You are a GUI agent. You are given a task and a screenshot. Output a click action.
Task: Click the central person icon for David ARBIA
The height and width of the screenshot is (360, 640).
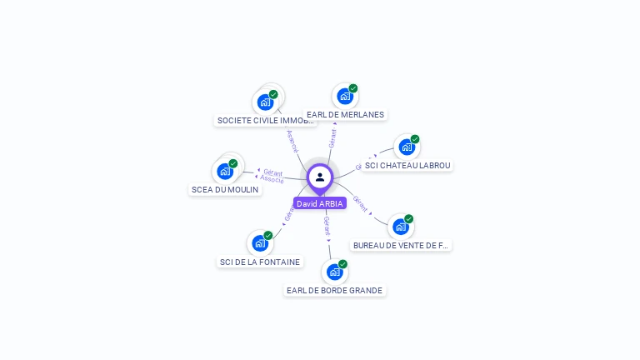click(320, 177)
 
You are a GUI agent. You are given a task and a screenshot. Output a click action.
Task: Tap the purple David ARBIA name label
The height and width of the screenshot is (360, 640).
click(319, 204)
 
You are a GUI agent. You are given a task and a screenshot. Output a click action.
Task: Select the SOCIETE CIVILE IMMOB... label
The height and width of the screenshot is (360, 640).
click(266, 120)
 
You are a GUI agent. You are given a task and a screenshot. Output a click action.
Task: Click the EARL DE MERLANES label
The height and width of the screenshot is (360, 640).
click(346, 114)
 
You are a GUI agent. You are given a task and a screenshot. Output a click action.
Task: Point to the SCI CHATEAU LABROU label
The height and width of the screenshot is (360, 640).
click(407, 165)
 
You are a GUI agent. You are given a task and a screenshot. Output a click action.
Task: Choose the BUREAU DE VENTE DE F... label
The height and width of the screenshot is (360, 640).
click(401, 245)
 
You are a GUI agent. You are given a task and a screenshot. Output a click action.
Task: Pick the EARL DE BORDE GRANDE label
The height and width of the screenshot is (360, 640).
click(334, 290)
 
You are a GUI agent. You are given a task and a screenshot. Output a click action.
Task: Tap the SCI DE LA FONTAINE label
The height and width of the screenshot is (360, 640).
click(260, 262)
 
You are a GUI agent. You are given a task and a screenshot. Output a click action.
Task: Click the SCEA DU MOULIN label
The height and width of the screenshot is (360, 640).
click(225, 189)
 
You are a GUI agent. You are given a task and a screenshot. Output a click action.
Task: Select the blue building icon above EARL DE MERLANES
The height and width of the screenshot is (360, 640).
click(344, 97)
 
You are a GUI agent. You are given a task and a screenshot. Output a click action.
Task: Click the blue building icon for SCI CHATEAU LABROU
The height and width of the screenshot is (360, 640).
click(406, 147)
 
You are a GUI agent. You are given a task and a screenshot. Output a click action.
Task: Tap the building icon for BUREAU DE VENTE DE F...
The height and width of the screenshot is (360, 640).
click(400, 227)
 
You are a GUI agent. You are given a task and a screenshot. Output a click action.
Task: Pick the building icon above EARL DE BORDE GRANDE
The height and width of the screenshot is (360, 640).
click(334, 272)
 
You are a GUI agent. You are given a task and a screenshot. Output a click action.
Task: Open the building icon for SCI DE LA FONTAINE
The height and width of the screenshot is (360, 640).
click(259, 243)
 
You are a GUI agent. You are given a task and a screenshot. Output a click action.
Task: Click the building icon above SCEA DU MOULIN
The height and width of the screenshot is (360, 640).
click(224, 172)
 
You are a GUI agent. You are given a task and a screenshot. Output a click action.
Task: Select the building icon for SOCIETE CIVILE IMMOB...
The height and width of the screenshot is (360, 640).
click(264, 102)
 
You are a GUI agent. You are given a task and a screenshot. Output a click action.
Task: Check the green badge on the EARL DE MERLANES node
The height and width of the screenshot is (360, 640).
click(353, 88)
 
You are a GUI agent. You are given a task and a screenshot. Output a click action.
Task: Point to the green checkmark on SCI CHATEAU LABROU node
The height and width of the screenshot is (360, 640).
click(415, 139)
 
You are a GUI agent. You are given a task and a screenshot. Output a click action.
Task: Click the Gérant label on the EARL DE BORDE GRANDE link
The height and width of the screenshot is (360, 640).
click(327, 225)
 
